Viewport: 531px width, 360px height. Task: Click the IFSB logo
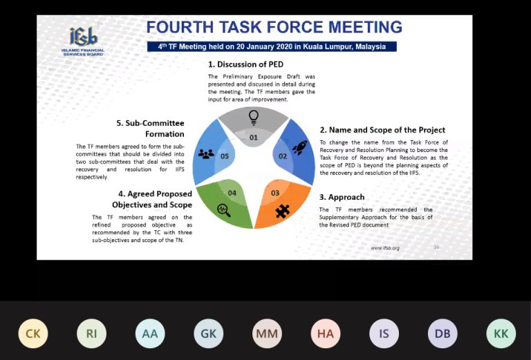(83, 41)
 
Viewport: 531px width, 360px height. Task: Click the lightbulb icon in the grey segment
(253, 117)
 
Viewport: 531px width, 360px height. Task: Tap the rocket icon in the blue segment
(299, 147)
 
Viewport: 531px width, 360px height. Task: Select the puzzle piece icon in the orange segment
(282, 211)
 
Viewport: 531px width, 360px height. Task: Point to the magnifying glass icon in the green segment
(224, 210)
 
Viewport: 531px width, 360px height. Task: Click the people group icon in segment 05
(206, 154)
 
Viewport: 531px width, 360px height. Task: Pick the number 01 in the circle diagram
(253, 138)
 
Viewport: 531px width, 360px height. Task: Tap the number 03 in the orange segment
(275, 193)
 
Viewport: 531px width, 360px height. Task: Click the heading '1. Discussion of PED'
(245, 64)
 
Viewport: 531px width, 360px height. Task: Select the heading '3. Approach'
(342, 197)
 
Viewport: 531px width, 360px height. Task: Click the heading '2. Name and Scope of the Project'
(382, 130)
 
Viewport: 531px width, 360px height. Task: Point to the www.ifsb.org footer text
(385, 248)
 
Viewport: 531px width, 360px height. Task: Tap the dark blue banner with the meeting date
(272, 47)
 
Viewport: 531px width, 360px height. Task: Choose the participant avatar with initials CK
(33, 334)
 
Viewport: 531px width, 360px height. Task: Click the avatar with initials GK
(209, 334)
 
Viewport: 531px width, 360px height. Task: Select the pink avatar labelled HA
(326, 334)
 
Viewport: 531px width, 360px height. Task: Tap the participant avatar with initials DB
(442, 334)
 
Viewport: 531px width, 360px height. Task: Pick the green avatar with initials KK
(501, 334)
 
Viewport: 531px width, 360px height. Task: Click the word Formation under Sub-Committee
(165, 134)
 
